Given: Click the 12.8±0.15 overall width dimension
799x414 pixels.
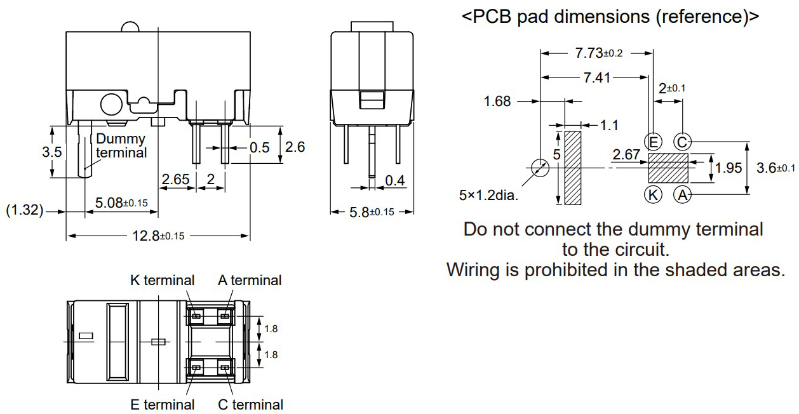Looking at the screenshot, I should click(x=158, y=236).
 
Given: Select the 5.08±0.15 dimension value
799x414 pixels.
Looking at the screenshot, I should click(x=121, y=203).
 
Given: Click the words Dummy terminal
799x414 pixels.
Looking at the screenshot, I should click(x=121, y=145).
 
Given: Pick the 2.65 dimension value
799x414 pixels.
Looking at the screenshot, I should click(x=175, y=180).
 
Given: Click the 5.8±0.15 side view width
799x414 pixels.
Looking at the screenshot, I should click(x=372, y=212).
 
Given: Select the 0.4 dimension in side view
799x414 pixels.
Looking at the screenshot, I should click(x=394, y=181).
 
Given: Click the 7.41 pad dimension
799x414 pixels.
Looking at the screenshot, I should click(x=597, y=77).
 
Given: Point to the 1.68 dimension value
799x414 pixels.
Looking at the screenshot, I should click(x=497, y=101).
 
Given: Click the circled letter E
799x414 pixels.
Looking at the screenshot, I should click(x=652, y=141).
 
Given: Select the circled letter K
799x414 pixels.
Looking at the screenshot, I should click(x=652, y=195).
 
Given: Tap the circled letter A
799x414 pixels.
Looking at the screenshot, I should click(x=682, y=195).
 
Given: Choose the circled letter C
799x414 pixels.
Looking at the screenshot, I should click(x=682, y=141).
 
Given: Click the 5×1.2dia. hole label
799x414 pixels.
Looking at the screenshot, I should click(x=488, y=195).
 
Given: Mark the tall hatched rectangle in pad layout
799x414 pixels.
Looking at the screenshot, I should click(x=573, y=168).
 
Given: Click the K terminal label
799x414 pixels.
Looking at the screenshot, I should click(x=162, y=280).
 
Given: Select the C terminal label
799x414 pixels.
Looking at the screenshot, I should click(x=250, y=404).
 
